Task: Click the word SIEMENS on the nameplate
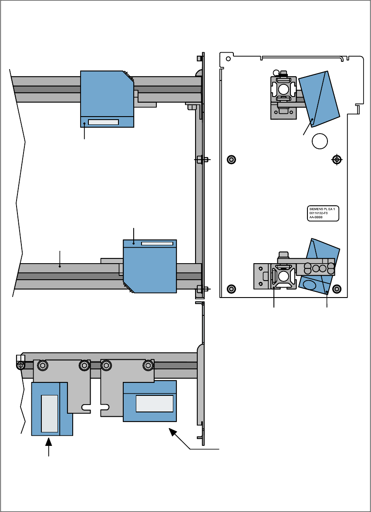coord(315,209)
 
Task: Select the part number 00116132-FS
coord(319,213)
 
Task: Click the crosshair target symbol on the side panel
coord(336,159)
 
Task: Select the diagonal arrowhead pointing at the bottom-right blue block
coord(173,432)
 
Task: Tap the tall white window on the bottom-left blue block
coord(49,413)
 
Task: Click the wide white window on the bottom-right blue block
coord(155,404)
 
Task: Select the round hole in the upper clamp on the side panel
coord(283,90)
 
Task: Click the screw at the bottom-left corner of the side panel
coord(232,288)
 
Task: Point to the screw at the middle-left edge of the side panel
coord(232,159)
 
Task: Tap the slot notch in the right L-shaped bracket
coord(105,408)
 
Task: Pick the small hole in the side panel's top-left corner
coord(227,57)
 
